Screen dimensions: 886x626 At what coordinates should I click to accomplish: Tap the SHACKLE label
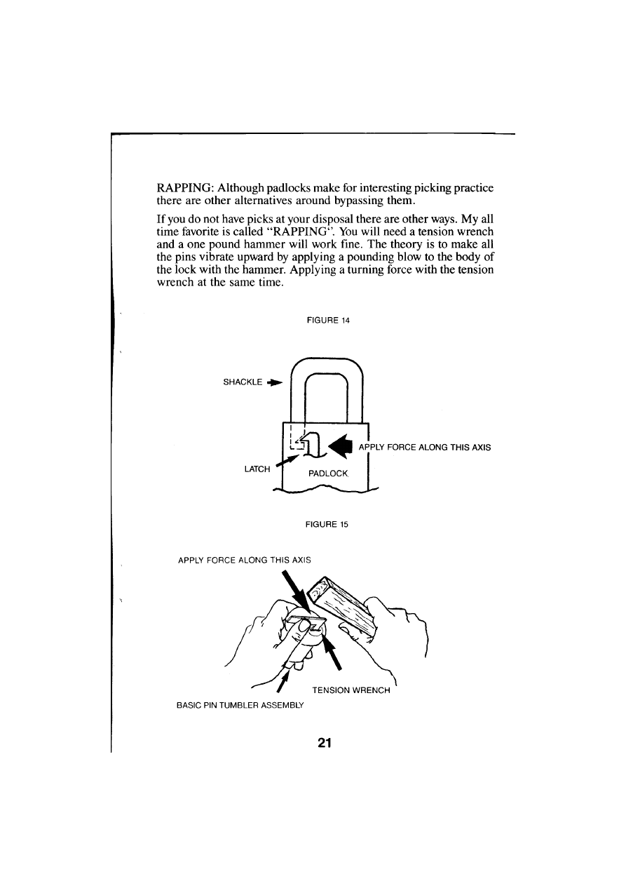point(243,382)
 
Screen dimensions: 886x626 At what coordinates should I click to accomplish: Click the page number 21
point(324,743)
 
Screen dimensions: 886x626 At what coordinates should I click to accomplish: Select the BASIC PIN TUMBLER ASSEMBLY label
point(235,705)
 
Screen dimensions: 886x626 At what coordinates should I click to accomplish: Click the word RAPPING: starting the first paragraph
point(185,189)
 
